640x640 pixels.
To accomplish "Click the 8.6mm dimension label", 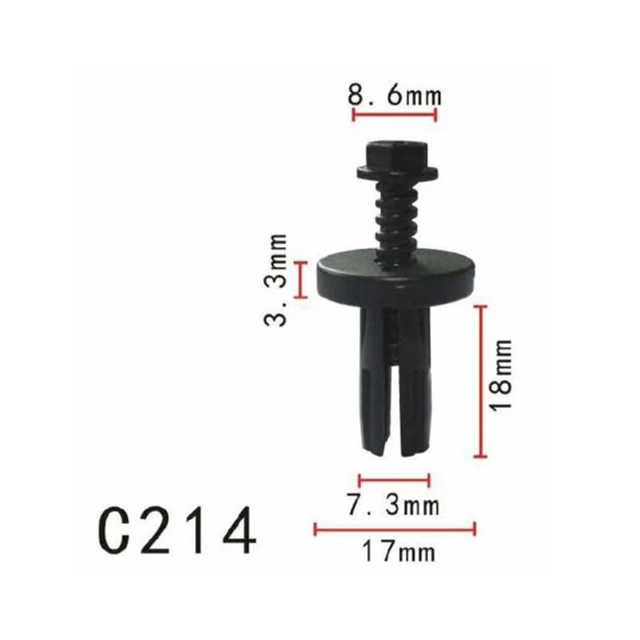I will pyautogui.click(x=394, y=96).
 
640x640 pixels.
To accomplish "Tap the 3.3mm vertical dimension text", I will pyautogui.click(x=276, y=279).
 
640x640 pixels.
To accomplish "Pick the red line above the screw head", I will pyautogui.click(x=394, y=115).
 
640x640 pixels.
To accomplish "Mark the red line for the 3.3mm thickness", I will pyautogui.click(x=301, y=279).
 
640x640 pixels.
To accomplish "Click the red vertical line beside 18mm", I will pyautogui.click(x=480, y=381).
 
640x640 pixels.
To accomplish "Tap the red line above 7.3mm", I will pyautogui.click(x=394, y=481).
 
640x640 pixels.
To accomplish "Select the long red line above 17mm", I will pyautogui.click(x=395, y=528).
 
